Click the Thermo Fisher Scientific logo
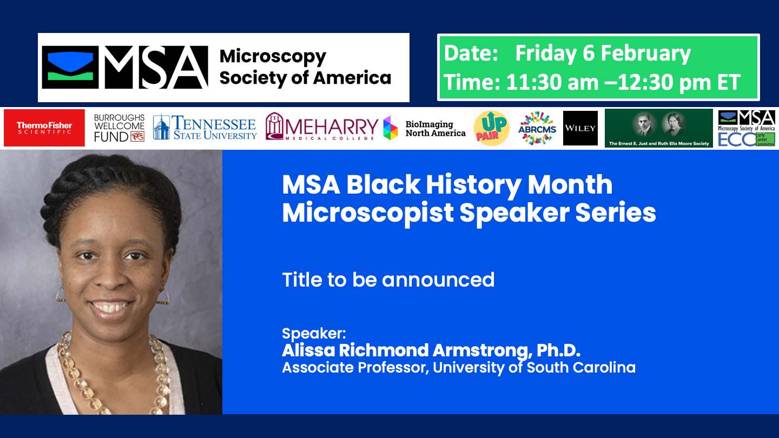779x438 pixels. coord(44,128)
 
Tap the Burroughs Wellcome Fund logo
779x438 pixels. coord(120,128)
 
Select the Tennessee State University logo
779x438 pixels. coord(205,128)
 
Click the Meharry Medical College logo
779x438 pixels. coord(321,128)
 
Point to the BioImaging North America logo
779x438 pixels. coord(425,129)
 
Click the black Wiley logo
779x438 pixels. coord(580,128)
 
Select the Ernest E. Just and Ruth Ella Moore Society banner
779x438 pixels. coord(658,128)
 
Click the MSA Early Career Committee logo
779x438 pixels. coord(747,128)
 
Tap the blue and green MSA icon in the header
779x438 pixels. coord(70,68)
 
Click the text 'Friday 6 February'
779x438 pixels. coord(603,54)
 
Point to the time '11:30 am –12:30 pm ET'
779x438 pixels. coord(623,82)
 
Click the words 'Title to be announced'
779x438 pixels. coord(388,280)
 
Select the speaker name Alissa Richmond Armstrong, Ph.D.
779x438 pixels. coord(431,350)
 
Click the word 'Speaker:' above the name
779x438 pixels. coord(314,333)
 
